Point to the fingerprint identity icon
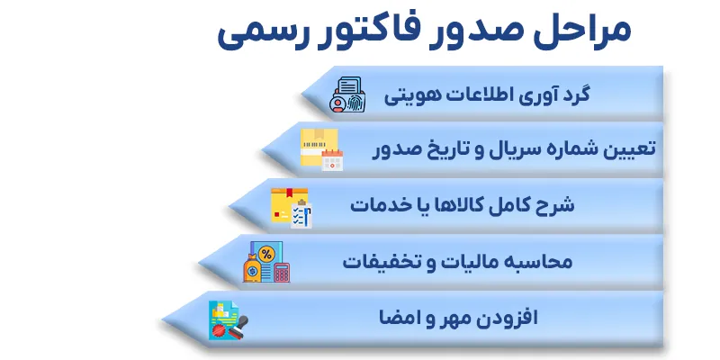347,95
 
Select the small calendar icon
332,160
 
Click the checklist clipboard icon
301,214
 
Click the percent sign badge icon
266,254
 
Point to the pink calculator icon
282,273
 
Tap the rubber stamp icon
238,327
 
